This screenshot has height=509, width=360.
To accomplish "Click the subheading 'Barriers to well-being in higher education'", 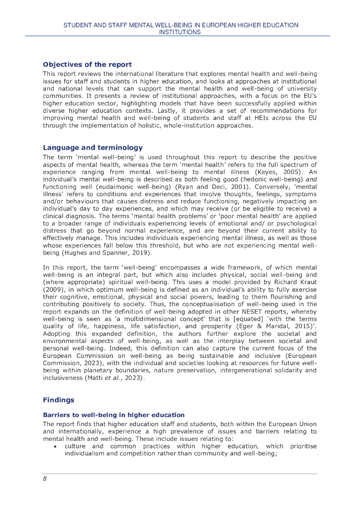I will tap(114, 415).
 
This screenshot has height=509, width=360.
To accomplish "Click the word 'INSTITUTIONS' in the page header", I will tap(180, 32).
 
